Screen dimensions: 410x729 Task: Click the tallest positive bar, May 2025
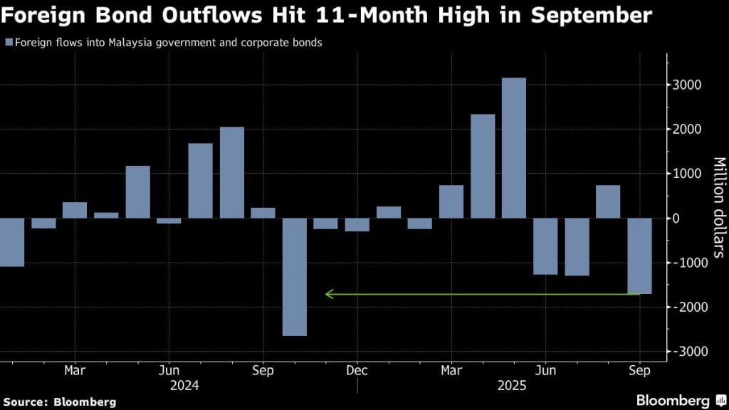pyautogui.click(x=513, y=148)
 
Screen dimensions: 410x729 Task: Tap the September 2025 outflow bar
pyautogui.click(x=639, y=256)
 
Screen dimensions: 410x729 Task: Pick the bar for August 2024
pyautogui.click(x=231, y=172)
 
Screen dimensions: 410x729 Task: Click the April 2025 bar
pyautogui.click(x=483, y=166)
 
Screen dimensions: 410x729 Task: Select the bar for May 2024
pyautogui.click(x=137, y=191)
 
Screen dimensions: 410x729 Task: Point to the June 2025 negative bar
pyautogui.click(x=545, y=246)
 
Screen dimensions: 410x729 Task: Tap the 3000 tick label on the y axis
pyautogui.click(x=687, y=85)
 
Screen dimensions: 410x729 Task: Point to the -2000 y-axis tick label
pyautogui.click(x=685, y=307)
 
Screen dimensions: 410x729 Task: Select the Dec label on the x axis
pyautogui.click(x=357, y=370)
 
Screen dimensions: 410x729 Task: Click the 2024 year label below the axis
pyautogui.click(x=184, y=386)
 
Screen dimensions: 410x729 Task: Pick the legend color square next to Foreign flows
pyautogui.click(x=8, y=43)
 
